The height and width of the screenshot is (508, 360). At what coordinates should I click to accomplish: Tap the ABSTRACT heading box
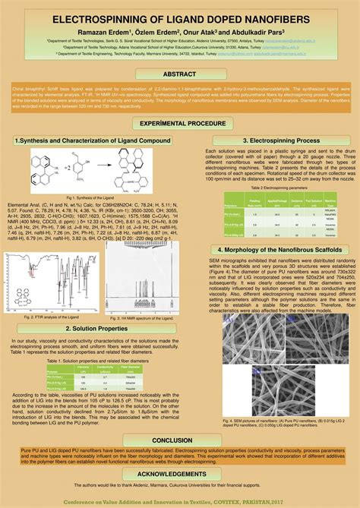click(x=180, y=74)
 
